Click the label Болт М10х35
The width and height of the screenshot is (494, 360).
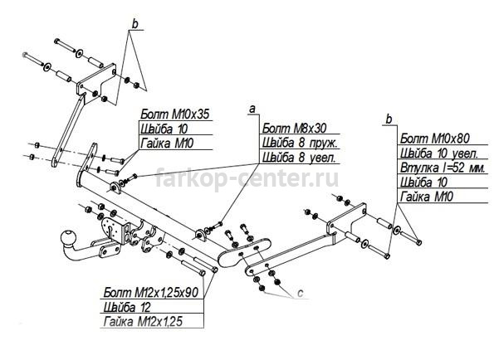(175, 114)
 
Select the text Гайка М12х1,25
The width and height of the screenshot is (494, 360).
(143, 322)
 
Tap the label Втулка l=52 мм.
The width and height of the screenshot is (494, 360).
(443, 168)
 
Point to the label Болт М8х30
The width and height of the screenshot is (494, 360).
(294, 129)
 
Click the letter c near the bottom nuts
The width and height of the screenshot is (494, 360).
(300, 293)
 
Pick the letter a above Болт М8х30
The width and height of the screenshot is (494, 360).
(252, 109)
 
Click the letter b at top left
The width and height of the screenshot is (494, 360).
(135, 24)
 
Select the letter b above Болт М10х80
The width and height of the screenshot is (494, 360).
(389, 119)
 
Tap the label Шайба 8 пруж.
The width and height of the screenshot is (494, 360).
(300, 144)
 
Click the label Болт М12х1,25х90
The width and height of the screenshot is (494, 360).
(151, 292)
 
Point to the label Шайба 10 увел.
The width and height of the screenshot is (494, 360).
(439, 153)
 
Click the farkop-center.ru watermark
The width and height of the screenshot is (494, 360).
(247, 178)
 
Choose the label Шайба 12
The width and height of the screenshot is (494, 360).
(127, 307)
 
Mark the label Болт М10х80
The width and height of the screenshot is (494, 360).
(435, 139)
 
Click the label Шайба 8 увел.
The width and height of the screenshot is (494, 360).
(298, 158)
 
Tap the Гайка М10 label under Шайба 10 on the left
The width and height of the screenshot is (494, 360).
(167, 144)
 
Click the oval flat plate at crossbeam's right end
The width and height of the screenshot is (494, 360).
(244, 252)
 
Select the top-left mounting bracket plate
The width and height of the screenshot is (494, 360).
(96, 84)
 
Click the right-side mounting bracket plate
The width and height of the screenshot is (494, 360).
(346, 223)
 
